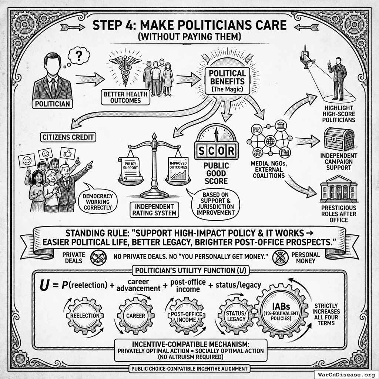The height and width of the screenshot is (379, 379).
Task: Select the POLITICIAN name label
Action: [x=53, y=104]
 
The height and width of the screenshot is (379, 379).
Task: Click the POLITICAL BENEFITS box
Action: [x=227, y=81]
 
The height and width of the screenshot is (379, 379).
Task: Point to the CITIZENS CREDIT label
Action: [x=68, y=137]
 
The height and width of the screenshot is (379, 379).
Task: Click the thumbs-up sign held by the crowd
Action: [x=68, y=153]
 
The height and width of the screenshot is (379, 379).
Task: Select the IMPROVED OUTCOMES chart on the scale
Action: [x=178, y=169]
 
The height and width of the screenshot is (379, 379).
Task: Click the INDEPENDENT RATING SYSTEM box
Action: [x=154, y=210]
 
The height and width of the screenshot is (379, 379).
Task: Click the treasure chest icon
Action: [x=339, y=140]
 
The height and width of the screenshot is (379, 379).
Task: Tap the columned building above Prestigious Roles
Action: [x=338, y=189]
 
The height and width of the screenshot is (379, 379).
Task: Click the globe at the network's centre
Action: [x=270, y=141]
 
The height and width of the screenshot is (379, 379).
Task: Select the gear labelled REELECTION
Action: [x=85, y=316]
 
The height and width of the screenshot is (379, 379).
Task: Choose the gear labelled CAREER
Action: [x=135, y=316]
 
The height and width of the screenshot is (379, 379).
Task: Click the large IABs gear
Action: [x=281, y=312]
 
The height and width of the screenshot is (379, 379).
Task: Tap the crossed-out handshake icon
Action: [x=98, y=258]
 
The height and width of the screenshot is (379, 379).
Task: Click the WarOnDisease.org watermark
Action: [x=346, y=375]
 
